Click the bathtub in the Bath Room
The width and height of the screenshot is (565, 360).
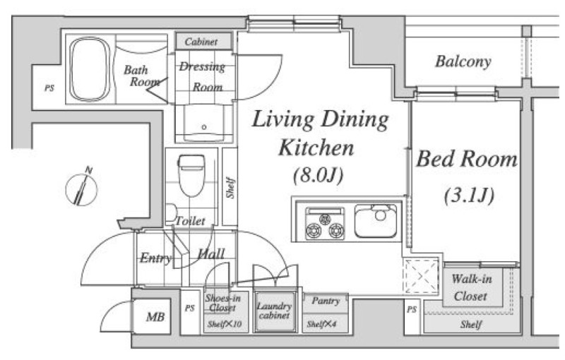coord(90,69)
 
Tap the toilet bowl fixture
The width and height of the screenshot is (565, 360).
coord(191,175)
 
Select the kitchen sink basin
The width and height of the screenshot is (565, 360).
coord(376,221)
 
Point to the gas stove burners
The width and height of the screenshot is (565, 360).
coord(325,223)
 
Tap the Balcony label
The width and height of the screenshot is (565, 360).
coord(463,61)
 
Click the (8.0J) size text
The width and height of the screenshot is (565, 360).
coord(318,175)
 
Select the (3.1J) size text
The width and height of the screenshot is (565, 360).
coord(469,196)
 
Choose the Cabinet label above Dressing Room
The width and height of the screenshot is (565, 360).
coord(201,42)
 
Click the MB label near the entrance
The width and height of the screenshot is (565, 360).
coord(155,317)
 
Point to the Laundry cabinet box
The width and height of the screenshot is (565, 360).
coord(275,312)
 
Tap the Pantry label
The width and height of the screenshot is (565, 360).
coord(326,301)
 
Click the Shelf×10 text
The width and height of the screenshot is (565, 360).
coord(224,325)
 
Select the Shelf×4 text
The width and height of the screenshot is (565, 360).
coord(321,325)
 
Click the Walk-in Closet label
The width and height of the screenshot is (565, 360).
coord(471,287)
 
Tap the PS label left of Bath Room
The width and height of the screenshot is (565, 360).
coord(49,88)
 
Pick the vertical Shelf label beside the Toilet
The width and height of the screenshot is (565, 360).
coord(231,187)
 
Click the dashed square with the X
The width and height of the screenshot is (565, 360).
coord(420,276)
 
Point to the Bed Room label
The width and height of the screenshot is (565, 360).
coord(467,159)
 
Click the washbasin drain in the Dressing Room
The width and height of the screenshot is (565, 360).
coord(204,127)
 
